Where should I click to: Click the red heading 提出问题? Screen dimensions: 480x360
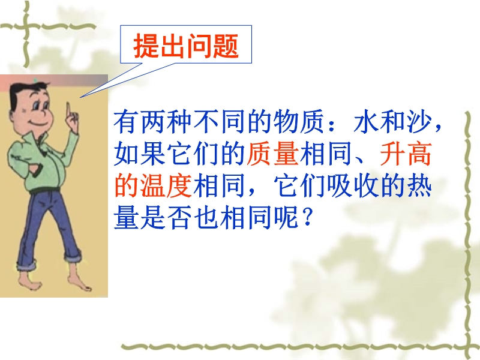(x=186, y=46)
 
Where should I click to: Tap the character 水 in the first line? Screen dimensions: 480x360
(x=367, y=122)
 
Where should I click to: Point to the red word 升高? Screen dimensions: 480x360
(x=406, y=154)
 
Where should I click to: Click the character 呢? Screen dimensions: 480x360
(x=287, y=218)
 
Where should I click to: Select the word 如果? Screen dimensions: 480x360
(x=140, y=154)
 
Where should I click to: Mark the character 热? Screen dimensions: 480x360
(x=419, y=186)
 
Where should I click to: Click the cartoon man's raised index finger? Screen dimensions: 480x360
(x=68, y=109)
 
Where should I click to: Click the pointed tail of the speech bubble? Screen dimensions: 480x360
(x=80, y=97)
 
